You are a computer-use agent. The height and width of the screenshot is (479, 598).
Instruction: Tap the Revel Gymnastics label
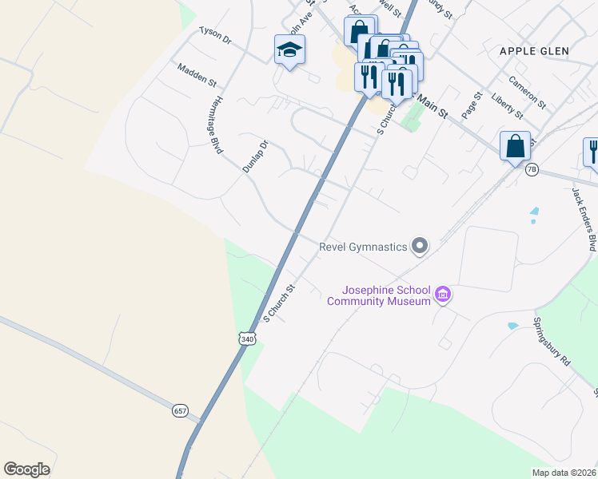point(363,247)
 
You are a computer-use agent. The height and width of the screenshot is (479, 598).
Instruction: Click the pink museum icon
point(443,295)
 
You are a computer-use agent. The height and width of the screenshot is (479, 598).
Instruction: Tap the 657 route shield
point(180,410)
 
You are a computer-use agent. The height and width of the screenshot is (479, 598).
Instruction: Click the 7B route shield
point(532,169)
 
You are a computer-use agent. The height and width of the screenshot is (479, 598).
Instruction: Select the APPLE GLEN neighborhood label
point(533,51)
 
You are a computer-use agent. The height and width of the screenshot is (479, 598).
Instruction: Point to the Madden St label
point(197,76)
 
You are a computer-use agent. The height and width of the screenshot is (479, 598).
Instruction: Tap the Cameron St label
point(527,93)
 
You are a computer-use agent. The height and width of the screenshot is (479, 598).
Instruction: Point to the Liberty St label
point(507,105)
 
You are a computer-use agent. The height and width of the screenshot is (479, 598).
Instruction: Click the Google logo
point(26,469)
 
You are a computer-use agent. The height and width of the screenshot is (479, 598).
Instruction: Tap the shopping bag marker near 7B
point(515,146)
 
